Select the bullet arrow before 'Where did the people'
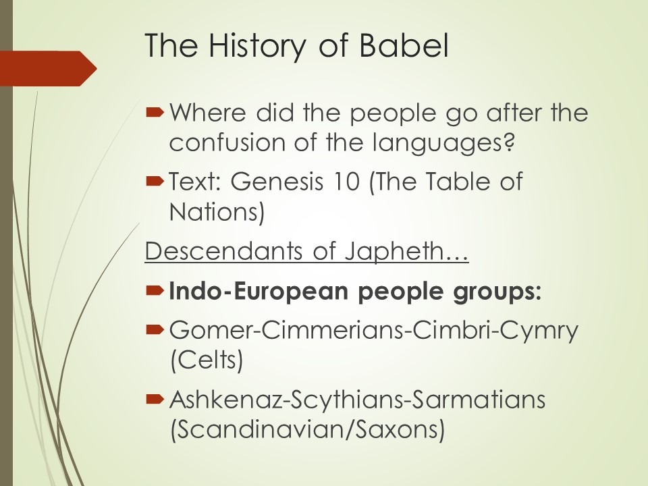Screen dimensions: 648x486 tap(155, 113)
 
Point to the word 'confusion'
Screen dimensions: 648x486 tap(227, 142)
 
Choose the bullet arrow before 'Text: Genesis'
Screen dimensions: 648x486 tap(155, 181)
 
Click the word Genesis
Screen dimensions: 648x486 tap(277, 182)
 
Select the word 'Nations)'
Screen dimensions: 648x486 tap(217, 211)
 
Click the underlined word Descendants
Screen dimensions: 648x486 tap(223, 250)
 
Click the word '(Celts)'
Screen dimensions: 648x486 tap(207, 360)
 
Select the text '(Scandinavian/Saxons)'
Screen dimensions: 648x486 tap(308, 429)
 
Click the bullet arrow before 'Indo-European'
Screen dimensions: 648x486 tap(155, 291)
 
